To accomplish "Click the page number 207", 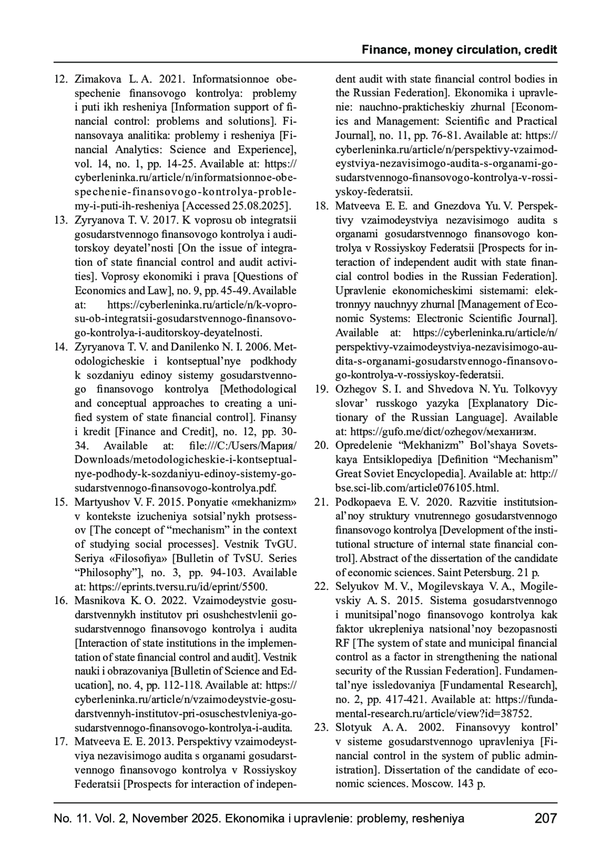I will point(546,819).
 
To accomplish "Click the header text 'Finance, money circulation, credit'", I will point(459,50).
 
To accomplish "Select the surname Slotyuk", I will point(353,727).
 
